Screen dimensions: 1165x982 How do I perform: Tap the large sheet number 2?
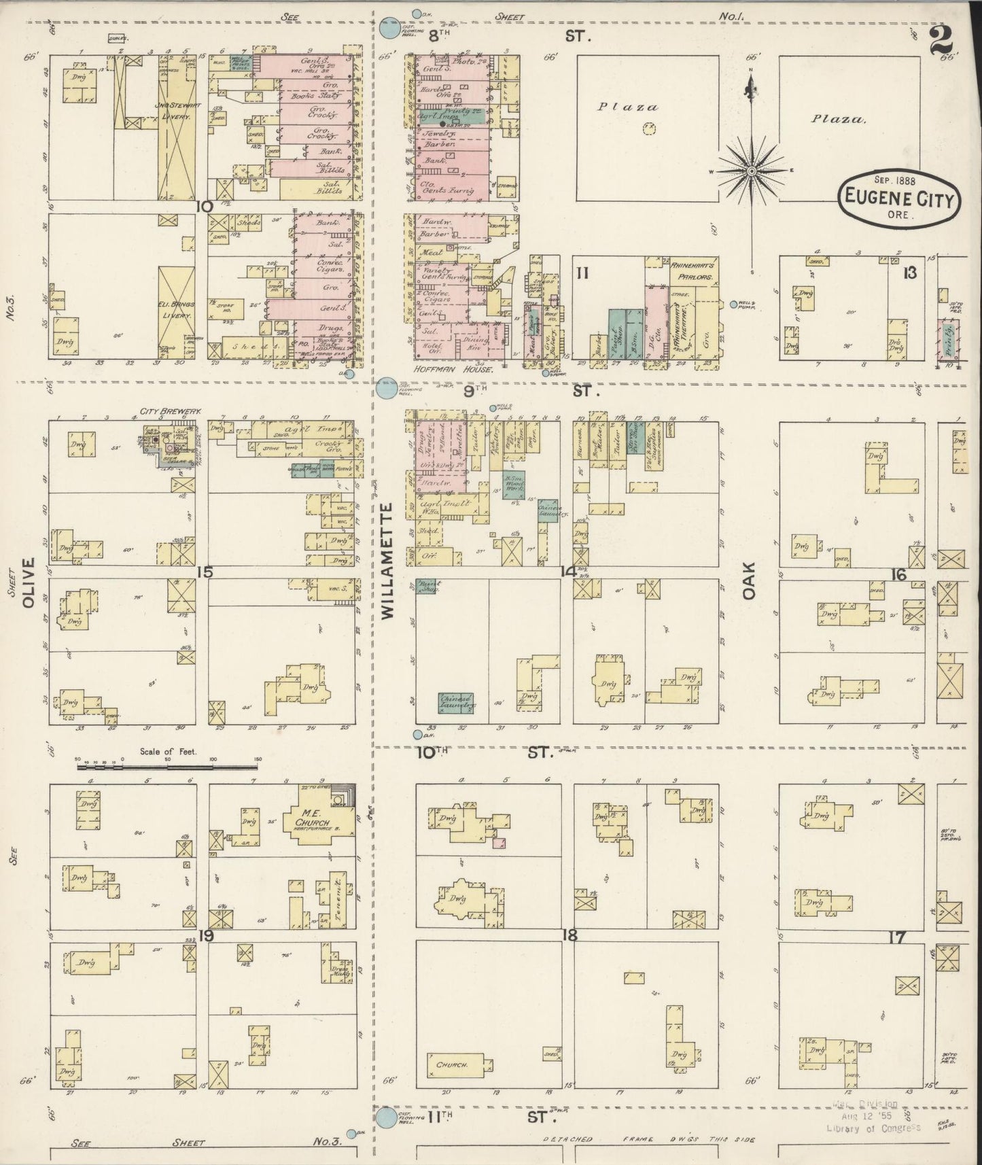[940, 42]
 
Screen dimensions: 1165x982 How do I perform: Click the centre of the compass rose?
[752, 171]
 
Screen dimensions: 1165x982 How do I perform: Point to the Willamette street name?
[387, 561]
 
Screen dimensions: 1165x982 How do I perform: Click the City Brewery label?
[164, 412]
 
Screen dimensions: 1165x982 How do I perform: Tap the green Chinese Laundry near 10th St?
[456, 703]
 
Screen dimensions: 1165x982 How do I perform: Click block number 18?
[569, 935]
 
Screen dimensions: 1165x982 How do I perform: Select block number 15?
[204, 572]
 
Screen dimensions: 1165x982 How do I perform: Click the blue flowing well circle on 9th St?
[387, 388]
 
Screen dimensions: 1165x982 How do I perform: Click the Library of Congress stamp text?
[873, 1128]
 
